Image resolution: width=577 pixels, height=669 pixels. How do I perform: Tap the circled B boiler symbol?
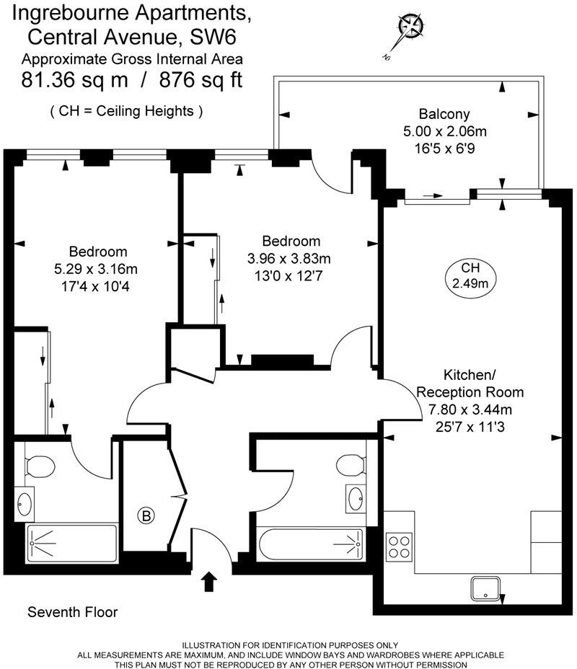click(x=146, y=515)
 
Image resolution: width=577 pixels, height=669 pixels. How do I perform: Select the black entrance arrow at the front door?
click(x=209, y=581)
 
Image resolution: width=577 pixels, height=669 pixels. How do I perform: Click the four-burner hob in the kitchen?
click(x=399, y=546)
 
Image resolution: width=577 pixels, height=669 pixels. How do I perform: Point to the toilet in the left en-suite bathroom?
click(x=40, y=466)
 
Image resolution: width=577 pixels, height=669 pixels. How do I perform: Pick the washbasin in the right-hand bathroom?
click(x=356, y=497)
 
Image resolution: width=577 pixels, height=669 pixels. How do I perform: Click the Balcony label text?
click(x=444, y=114)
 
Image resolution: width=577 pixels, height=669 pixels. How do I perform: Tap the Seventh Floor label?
click(x=72, y=613)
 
